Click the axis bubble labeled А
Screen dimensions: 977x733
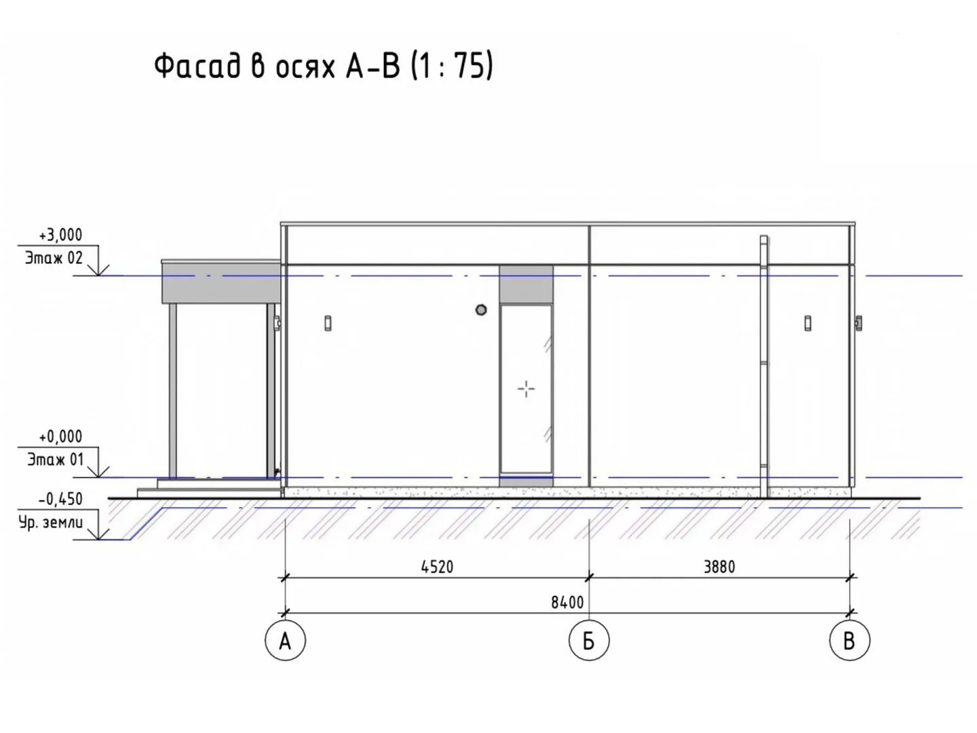click(x=285, y=640)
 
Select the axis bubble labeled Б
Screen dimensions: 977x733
click(x=589, y=640)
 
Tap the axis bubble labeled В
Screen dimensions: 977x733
click(x=849, y=640)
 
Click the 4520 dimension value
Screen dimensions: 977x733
click(x=437, y=567)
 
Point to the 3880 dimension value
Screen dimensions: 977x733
click(x=719, y=567)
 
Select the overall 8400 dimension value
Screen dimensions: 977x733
click(x=567, y=603)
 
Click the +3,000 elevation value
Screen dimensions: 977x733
click(x=60, y=235)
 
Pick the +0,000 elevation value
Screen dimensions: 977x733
click(x=60, y=436)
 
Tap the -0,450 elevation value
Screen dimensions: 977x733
click(x=60, y=500)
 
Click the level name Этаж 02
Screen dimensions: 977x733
click(x=54, y=258)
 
